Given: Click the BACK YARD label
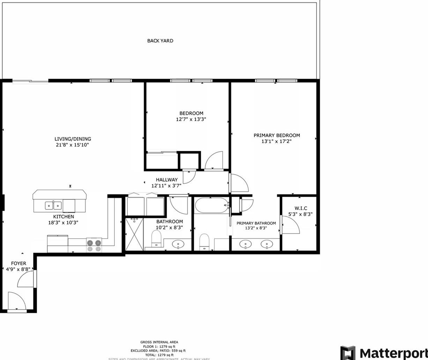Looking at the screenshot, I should pos(160,41).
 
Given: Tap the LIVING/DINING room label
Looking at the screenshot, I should pos(73,139).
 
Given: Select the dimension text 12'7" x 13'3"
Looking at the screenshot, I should pos(191,119).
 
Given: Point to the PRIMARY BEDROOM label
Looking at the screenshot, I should pos(276,135).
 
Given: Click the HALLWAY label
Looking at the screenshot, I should pos(167,180).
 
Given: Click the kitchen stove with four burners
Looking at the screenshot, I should pos(94,245).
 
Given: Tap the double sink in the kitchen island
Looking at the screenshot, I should pos(53,205).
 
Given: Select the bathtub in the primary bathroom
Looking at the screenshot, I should pos(212,205).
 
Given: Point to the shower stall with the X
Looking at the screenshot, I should pos(134,234).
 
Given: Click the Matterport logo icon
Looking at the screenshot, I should pos(347,353).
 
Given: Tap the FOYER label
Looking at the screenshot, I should pos(19,263).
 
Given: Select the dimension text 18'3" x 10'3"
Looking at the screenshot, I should pos(63,222).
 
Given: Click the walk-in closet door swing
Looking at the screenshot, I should pos(291,225).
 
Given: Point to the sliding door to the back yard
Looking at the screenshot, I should pos(30,82).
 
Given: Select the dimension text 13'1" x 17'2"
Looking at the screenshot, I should pos(276,141).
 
